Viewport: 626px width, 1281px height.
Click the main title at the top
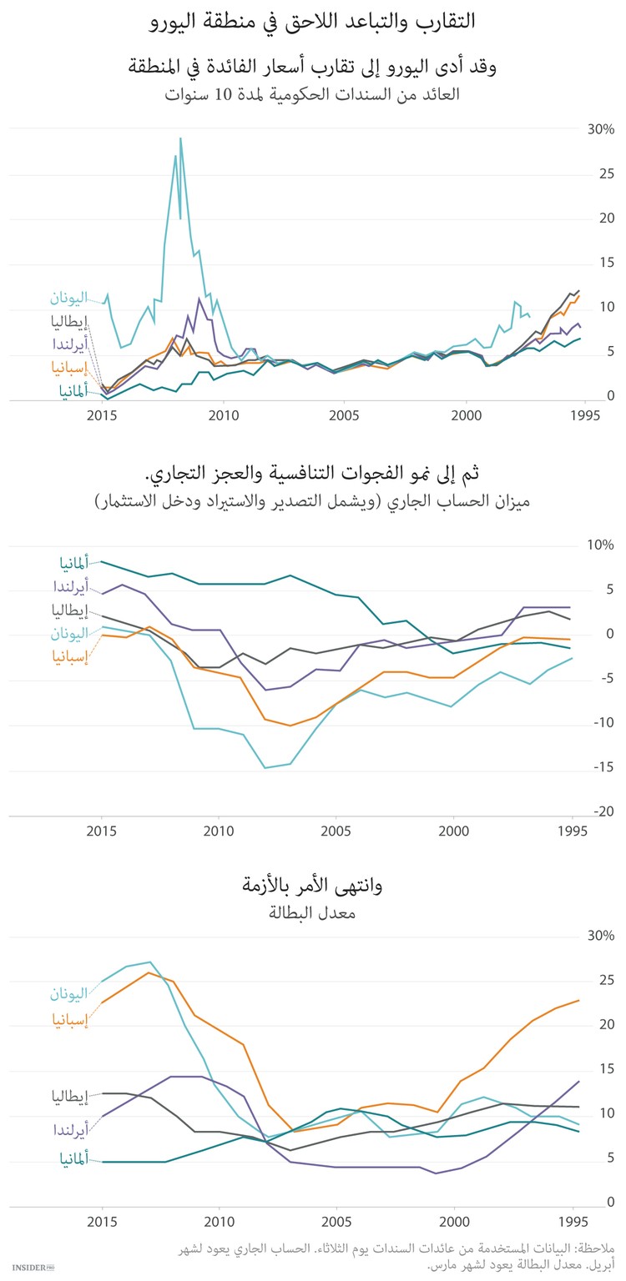coord(313,21)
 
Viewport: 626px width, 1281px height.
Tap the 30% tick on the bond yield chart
coord(601,130)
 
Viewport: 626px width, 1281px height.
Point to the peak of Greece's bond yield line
coord(180,138)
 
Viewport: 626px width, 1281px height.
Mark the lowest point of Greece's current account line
coord(265,767)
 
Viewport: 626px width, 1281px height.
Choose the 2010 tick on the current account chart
coord(219,831)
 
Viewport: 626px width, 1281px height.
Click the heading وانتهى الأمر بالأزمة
coord(313,886)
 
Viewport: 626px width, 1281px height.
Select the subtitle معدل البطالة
coord(313,912)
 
